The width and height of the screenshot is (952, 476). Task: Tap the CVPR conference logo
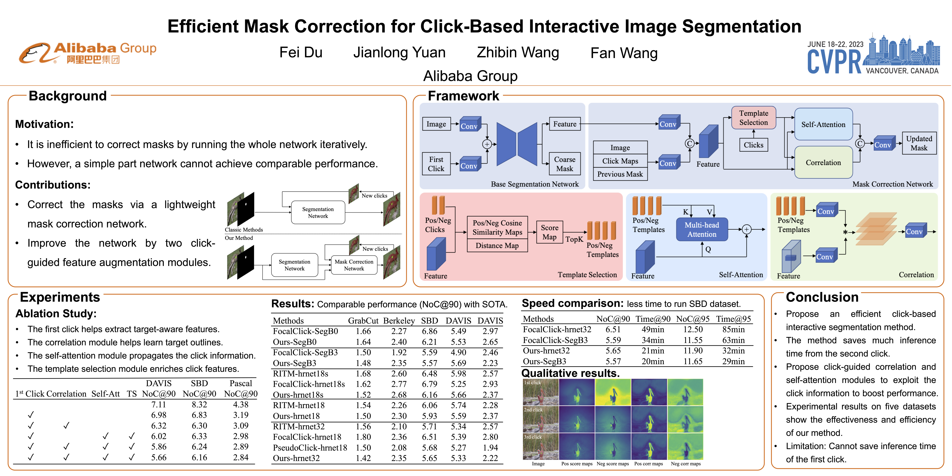(873, 55)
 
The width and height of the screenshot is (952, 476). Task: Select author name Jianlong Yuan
(399, 52)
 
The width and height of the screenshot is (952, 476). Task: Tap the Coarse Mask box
(564, 164)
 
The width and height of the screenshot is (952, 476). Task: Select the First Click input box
(436, 164)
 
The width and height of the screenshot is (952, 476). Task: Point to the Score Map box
(550, 232)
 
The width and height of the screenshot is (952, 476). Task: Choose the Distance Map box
(497, 245)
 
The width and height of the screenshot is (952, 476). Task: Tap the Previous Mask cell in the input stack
(620, 174)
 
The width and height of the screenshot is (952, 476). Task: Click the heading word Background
(68, 96)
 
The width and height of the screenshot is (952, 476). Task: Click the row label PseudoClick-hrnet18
(310, 448)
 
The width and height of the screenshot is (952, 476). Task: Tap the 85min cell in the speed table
(733, 329)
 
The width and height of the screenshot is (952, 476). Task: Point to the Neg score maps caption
(612, 464)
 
